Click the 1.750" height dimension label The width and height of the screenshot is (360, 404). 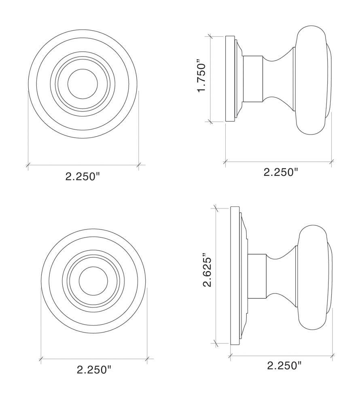tap(202, 77)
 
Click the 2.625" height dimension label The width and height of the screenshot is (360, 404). tap(208, 270)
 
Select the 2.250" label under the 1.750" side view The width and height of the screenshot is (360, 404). tap(281, 172)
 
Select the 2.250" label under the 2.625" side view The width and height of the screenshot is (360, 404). tap(284, 366)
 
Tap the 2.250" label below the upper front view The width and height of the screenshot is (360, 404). tap(83, 176)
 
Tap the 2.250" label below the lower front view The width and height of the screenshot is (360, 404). tap(94, 369)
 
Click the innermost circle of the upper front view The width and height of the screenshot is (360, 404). tap(83, 84)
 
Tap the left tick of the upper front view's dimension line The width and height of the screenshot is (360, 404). tap(28, 165)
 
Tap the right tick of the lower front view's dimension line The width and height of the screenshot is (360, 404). tap(148, 358)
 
